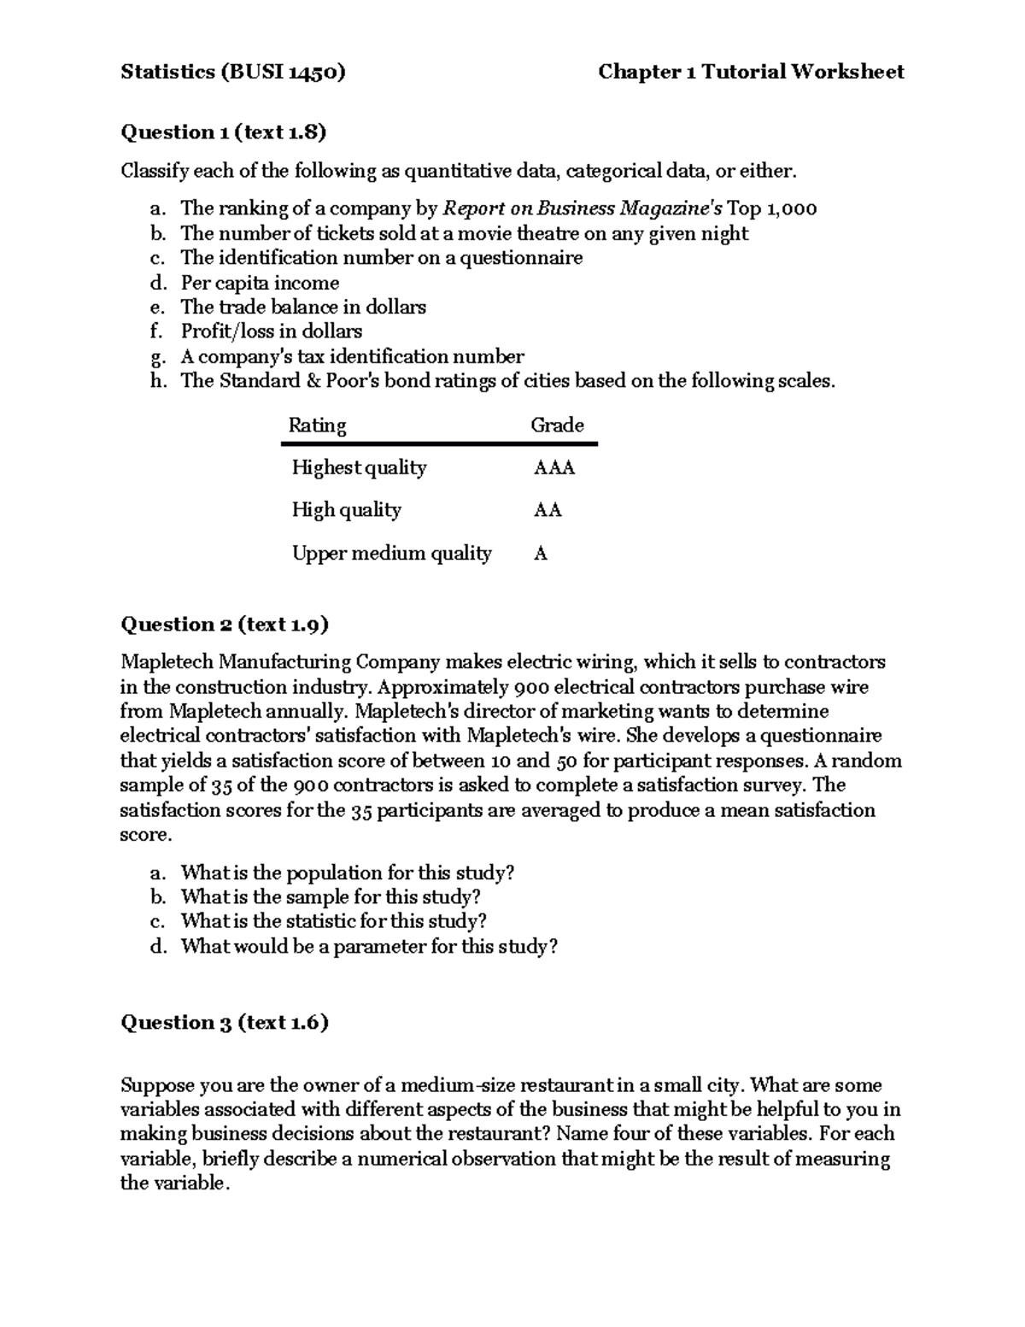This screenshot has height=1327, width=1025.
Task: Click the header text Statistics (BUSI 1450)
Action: [x=233, y=72]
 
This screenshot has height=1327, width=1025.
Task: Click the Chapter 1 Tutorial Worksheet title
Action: [x=751, y=72]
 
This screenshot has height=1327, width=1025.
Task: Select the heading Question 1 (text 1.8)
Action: [x=224, y=132]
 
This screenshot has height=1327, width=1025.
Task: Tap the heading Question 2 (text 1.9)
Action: [x=225, y=625]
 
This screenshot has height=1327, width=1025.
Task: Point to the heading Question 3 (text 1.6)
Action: [x=225, y=1022]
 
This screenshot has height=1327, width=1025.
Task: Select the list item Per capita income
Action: [x=260, y=283]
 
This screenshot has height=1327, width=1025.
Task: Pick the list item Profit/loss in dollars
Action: [x=271, y=332]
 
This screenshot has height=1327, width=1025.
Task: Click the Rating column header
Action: [x=317, y=426]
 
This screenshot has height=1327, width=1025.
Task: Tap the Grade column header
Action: [x=557, y=426]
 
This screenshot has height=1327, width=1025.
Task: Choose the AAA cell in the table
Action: [x=553, y=468]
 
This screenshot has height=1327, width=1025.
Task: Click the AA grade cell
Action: [x=548, y=510]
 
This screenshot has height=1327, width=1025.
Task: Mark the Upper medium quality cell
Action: [x=391, y=554]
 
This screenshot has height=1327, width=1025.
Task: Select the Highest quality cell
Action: [x=359, y=468]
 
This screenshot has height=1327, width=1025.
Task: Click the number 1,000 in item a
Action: [x=791, y=208]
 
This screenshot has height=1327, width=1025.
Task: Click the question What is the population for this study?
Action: [x=347, y=872]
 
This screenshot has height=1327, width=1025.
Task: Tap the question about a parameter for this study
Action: [x=368, y=946]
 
